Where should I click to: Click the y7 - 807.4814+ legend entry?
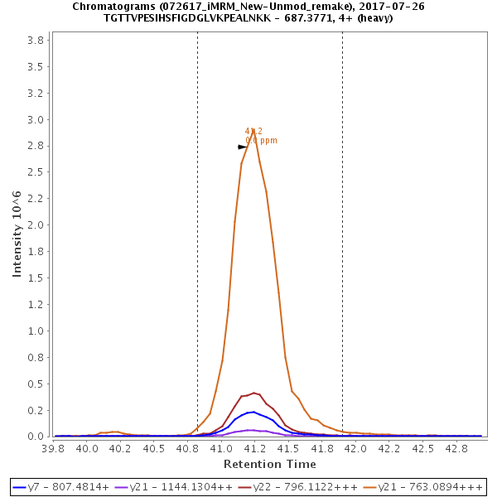(x=61, y=485)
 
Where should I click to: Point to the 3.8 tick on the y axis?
(x=36, y=41)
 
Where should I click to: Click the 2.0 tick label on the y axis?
(x=36, y=225)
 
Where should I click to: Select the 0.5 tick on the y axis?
(x=36, y=384)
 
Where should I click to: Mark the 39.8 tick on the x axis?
(x=53, y=448)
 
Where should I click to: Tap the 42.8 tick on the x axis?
(x=453, y=448)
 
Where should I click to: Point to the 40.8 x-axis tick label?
(x=187, y=448)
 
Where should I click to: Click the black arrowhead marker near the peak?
(x=242, y=147)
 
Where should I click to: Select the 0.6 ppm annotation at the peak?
(x=262, y=140)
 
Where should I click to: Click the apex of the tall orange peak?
(x=253, y=128)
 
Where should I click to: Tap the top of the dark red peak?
(x=254, y=393)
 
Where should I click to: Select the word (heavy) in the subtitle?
(x=374, y=17)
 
